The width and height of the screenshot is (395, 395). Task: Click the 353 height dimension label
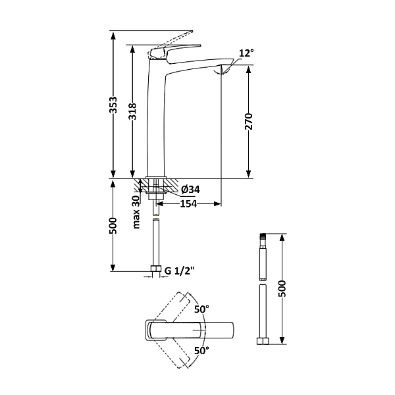click(114, 105)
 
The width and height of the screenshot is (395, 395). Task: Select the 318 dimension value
click(132, 111)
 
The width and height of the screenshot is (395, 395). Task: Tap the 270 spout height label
click(249, 121)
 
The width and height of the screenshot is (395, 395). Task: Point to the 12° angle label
click(246, 53)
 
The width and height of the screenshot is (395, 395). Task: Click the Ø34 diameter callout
click(190, 189)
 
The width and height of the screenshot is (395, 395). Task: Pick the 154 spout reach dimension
click(188, 204)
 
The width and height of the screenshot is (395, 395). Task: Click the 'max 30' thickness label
click(136, 212)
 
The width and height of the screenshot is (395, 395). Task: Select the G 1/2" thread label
click(180, 271)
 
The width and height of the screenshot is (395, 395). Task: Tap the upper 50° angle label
click(201, 309)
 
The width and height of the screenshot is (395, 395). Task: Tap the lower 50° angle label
click(201, 350)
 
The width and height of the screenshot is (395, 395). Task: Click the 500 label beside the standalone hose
click(282, 288)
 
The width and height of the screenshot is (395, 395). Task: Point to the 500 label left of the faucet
click(113, 226)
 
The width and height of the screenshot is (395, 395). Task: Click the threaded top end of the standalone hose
click(263, 236)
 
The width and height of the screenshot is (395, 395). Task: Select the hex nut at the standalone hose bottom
click(263, 341)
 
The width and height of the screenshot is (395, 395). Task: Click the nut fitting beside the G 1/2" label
click(156, 269)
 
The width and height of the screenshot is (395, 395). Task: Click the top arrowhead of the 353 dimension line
click(113, 35)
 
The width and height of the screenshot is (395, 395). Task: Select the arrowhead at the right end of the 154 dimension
click(217, 204)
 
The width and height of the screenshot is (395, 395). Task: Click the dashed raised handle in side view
click(171, 44)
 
